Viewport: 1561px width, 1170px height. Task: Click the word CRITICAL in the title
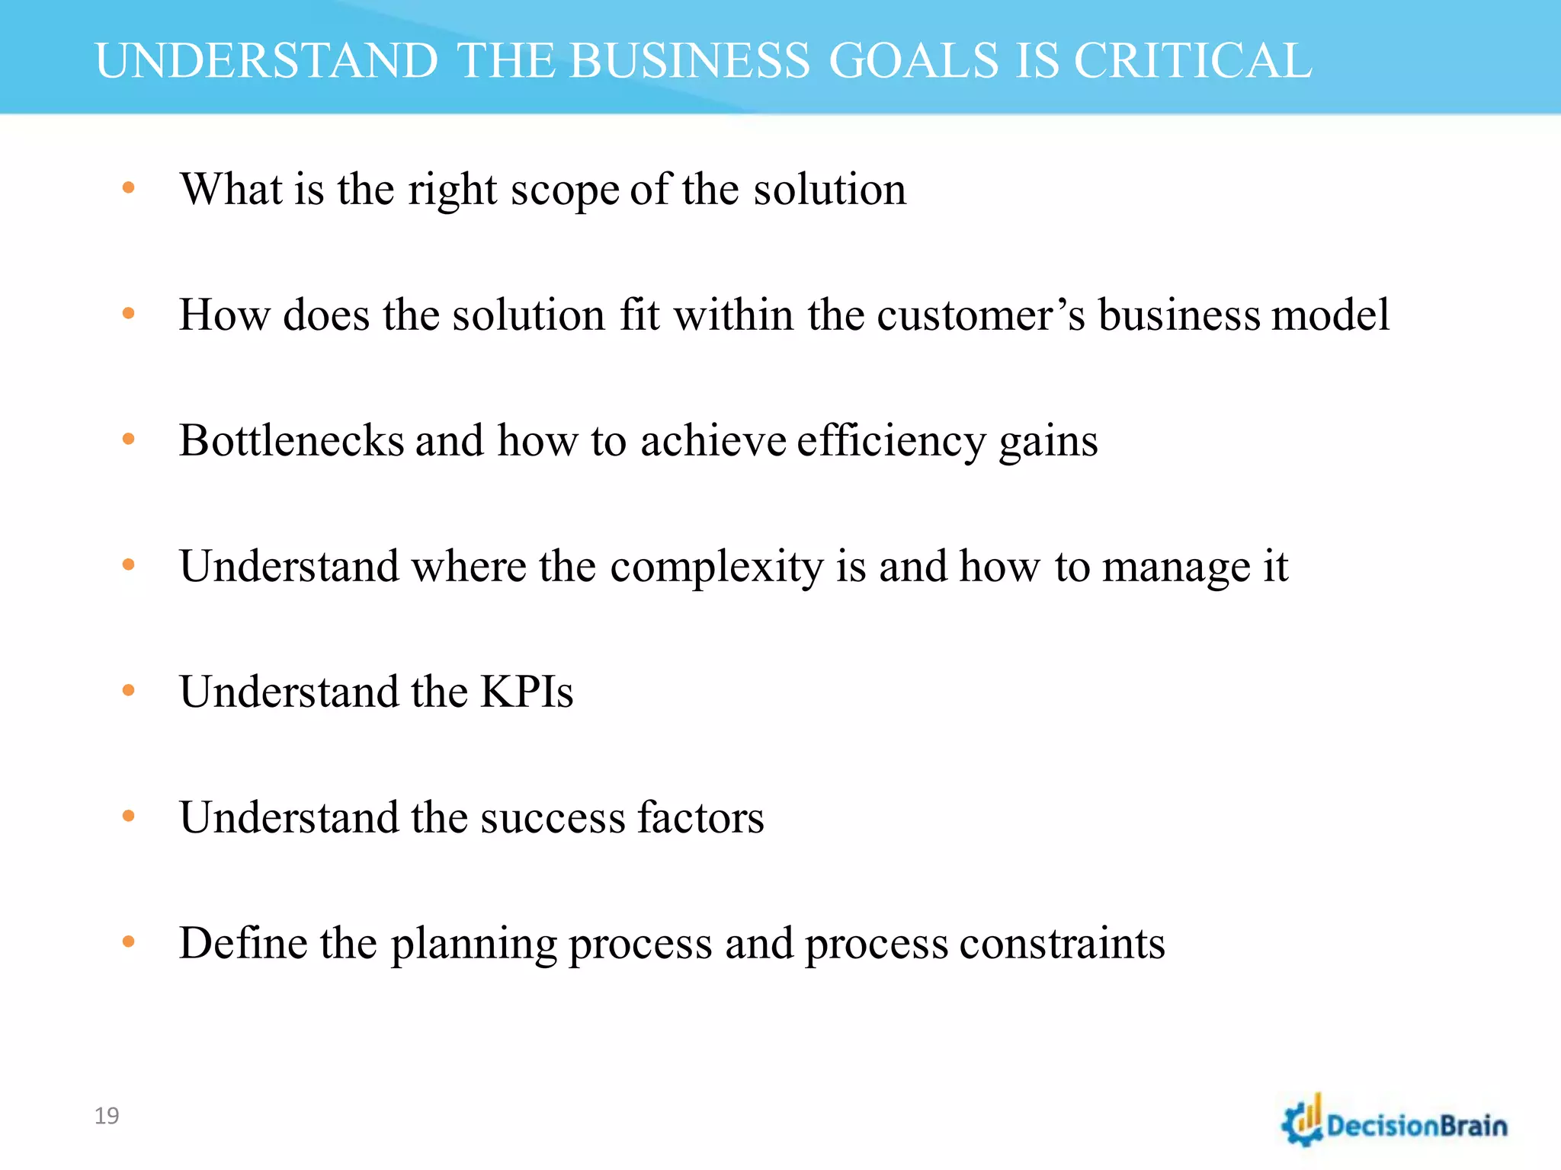(x=1193, y=61)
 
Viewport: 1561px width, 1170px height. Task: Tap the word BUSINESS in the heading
(x=689, y=61)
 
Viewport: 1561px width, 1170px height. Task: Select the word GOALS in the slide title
(x=913, y=61)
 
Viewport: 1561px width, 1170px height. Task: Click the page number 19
(x=107, y=1116)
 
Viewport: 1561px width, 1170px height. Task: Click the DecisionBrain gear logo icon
(x=1303, y=1122)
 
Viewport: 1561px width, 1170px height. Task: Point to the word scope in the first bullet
(x=565, y=190)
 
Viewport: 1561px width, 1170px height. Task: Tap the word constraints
(x=1062, y=944)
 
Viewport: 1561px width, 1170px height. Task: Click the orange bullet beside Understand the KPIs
(x=128, y=691)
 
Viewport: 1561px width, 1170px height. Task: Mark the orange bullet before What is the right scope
(x=128, y=187)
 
